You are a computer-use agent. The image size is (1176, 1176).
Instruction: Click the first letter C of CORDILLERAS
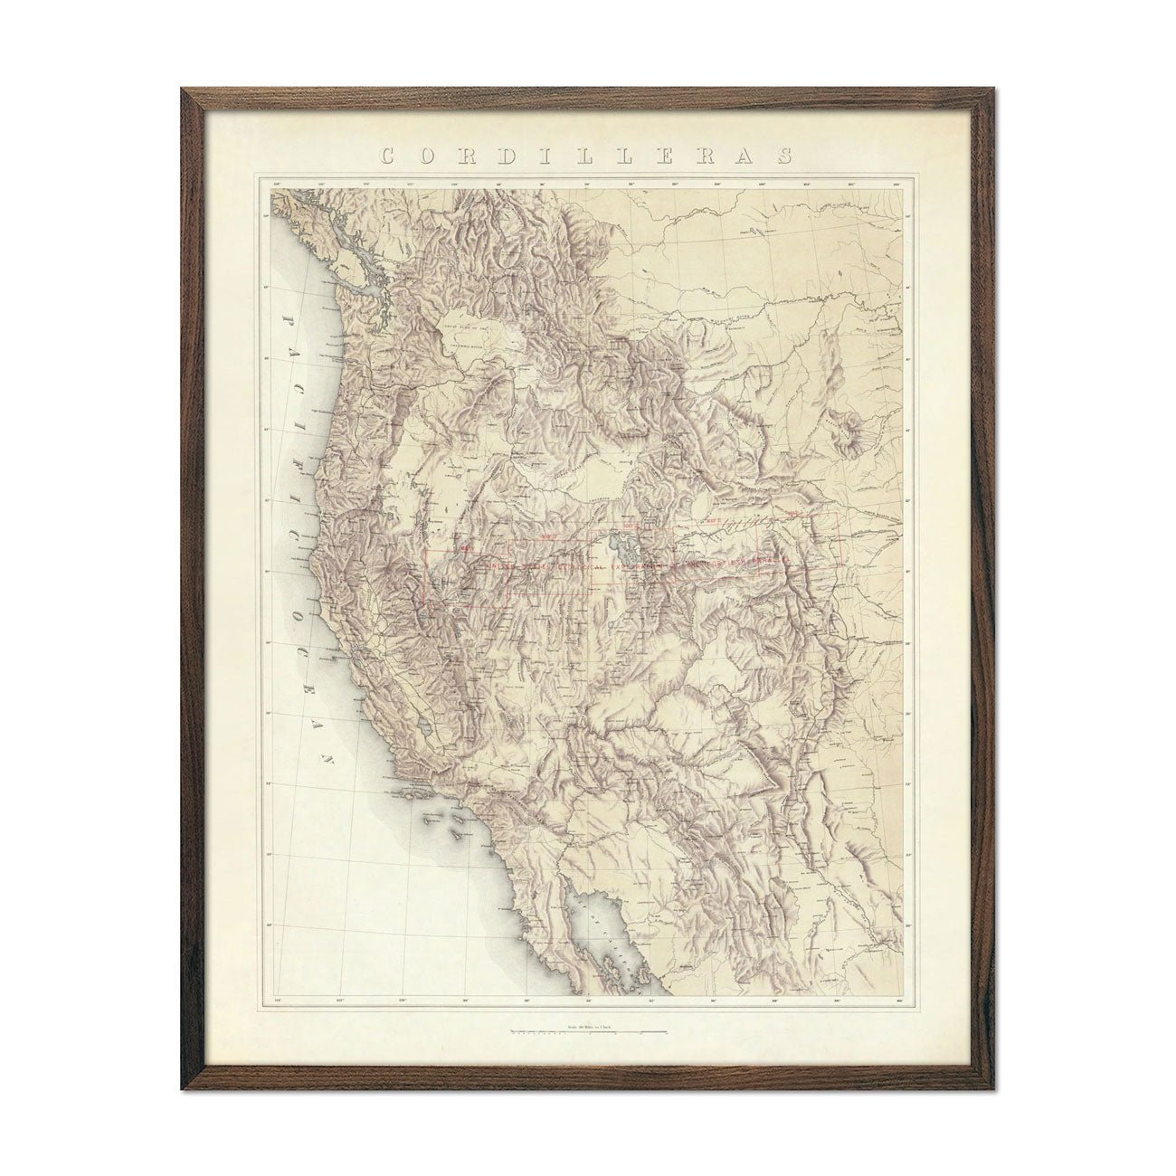(387, 156)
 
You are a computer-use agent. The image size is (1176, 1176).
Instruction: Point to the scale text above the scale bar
(588, 1024)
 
